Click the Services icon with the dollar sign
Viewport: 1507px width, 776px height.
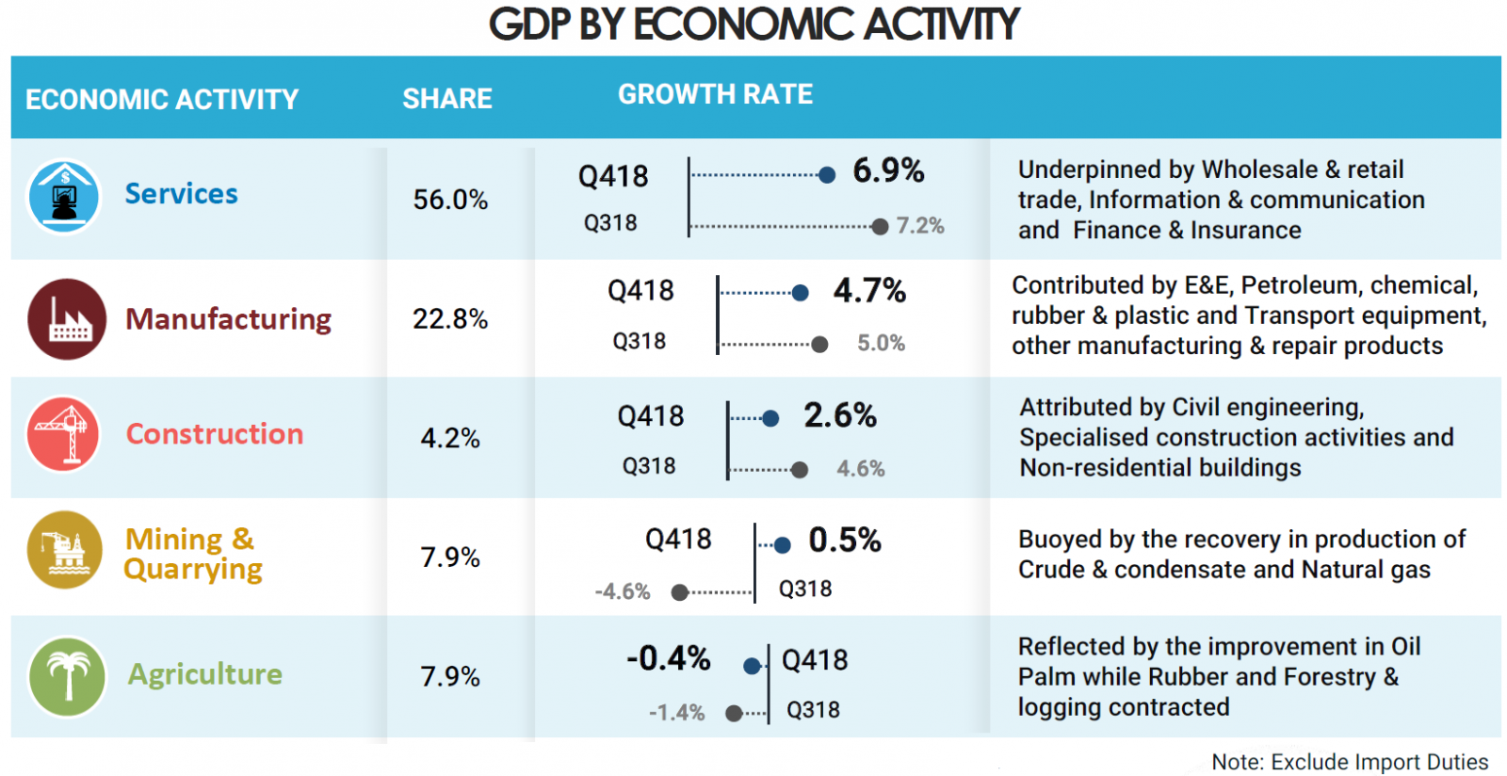pos(64,196)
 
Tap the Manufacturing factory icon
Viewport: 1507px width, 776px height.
pos(67,319)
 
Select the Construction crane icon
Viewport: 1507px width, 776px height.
pos(64,434)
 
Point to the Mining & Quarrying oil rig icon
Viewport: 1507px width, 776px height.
pos(64,550)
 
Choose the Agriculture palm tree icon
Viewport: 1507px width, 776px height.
pos(67,676)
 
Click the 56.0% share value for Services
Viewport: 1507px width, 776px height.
pos(450,200)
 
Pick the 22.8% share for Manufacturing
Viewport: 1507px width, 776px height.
pos(450,319)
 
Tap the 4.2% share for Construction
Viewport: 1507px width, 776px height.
pos(450,438)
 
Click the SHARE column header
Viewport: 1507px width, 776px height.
pos(447,99)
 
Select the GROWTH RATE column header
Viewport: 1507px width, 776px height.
pos(715,94)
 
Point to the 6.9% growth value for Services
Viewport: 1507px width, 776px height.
pos(888,170)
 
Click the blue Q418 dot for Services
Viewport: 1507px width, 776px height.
pos(827,174)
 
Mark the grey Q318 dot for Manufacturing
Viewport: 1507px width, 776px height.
pos(819,345)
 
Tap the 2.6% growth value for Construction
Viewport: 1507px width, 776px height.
pos(840,415)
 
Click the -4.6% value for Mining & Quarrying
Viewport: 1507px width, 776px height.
pos(623,591)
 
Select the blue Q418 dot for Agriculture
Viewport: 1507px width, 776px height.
pos(752,667)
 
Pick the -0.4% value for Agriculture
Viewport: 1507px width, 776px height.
pos(669,658)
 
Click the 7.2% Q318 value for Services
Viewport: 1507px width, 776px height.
pos(919,226)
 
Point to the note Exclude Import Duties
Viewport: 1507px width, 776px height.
pos(1350,762)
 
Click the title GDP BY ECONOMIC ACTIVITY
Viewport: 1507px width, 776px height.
pos(753,24)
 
